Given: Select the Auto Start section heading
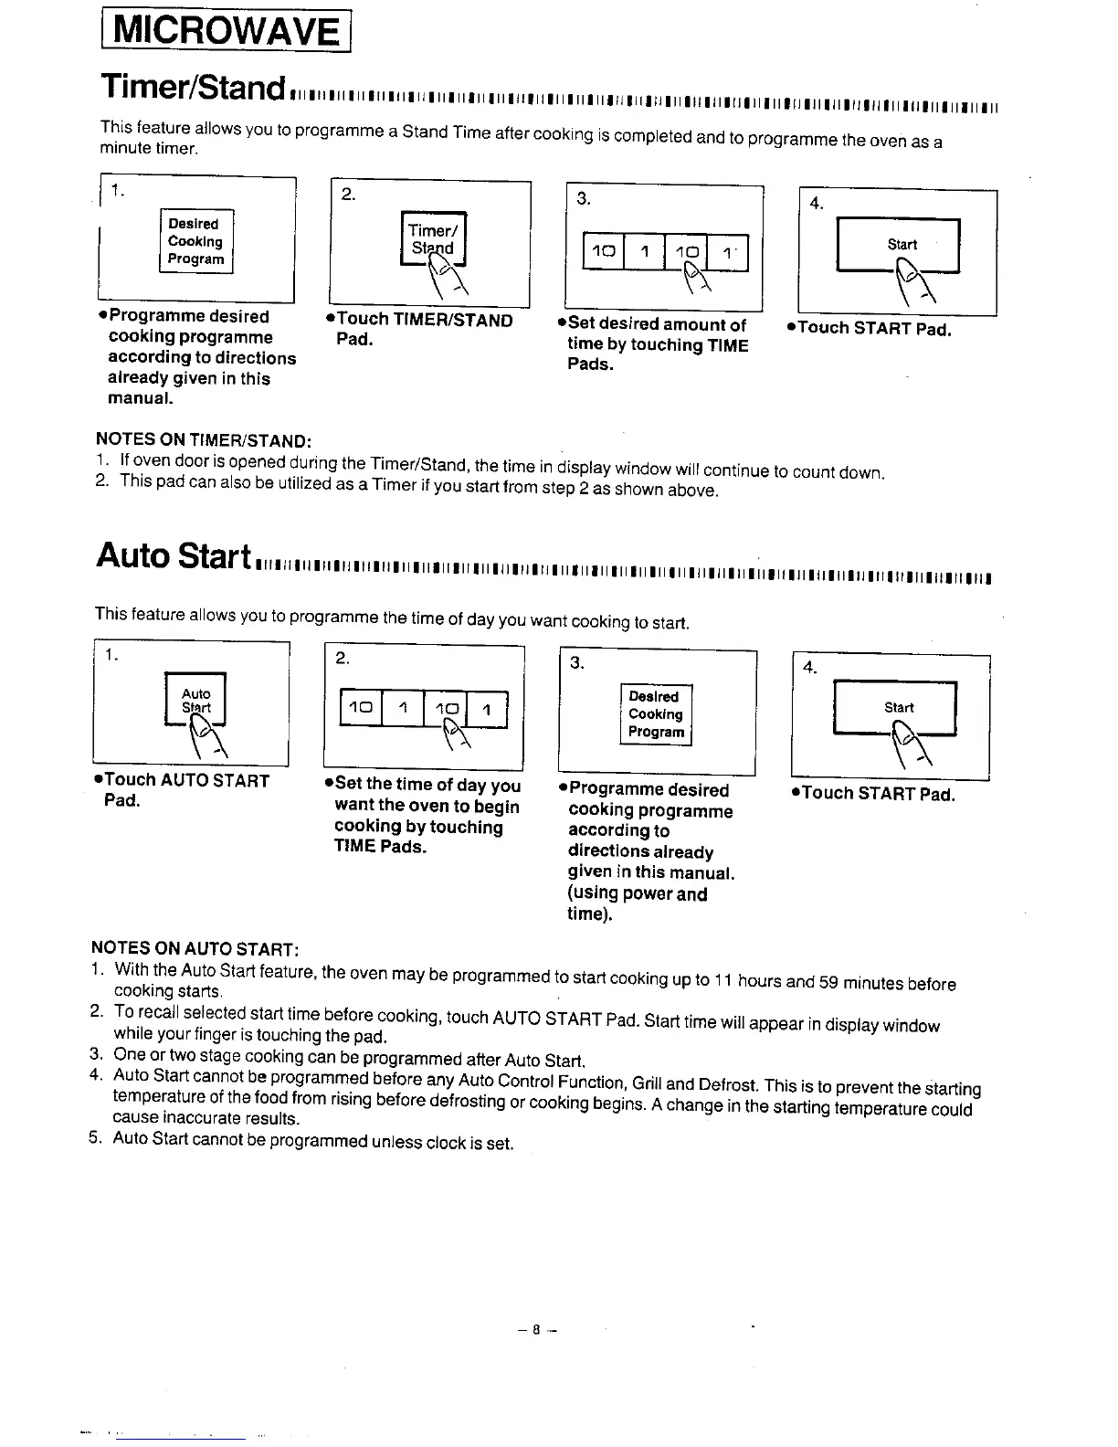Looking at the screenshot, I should click(174, 555).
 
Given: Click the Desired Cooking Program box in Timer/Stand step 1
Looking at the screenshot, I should click(195, 241).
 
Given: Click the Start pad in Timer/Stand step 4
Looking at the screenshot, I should click(898, 245).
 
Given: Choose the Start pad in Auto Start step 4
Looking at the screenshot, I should click(895, 707).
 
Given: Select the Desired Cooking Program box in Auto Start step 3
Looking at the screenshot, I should click(656, 714).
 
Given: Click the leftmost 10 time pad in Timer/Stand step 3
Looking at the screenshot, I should click(602, 252).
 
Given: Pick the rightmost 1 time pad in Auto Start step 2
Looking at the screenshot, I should click(487, 709).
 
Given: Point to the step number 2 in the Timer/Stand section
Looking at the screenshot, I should click(347, 194).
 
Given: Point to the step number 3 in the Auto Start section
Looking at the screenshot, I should click(577, 663).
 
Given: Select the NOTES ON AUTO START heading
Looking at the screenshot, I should click(195, 946).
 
